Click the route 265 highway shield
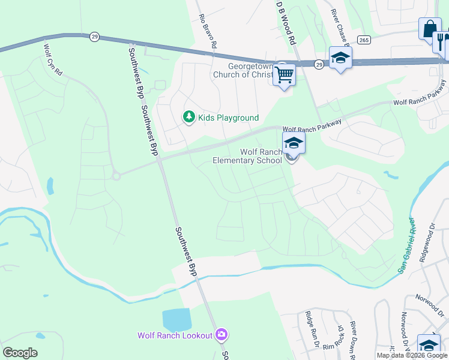pos(363,40)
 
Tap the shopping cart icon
pos(284,75)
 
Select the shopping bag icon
pos(429,28)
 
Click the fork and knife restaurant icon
pos(441,41)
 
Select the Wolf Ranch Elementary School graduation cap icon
pos(294,143)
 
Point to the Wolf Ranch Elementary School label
pos(247,157)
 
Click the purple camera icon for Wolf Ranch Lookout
pos(221,334)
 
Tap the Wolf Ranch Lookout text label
pos(175,335)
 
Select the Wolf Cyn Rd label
pos(53,58)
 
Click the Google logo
pos(20,352)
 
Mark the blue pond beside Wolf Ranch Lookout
pos(176,320)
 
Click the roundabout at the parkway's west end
pos(116,175)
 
